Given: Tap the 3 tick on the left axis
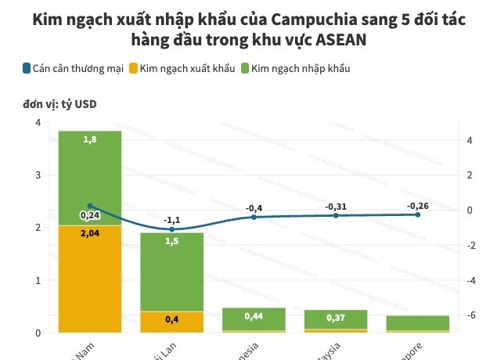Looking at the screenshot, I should [x=38, y=175].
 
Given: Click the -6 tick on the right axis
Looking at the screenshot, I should [x=469, y=315].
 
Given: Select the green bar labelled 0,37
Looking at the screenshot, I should [x=336, y=319].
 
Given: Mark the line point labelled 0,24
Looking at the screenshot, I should [x=89, y=206].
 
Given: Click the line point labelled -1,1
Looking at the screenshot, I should [x=171, y=229].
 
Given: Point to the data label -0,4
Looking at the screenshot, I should [x=254, y=207].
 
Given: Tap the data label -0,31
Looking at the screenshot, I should [x=336, y=206].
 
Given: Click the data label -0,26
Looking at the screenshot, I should [x=418, y=205].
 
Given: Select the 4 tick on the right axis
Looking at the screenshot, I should [x=469, y=140].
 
